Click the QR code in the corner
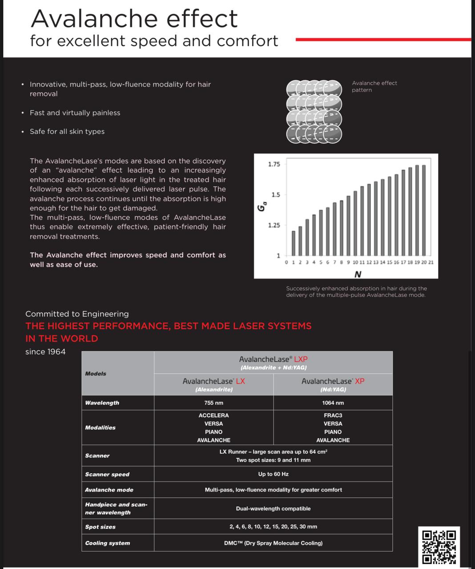point(439,546)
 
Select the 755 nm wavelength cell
point(213,403)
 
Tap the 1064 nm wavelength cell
point(333,403)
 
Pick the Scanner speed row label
point(107,474)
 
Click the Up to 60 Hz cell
point(273,474)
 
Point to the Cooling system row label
point(108,543)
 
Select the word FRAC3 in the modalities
point(333,415)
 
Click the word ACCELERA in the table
point(213,415)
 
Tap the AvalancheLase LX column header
point(213,385)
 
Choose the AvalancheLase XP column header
point(333,385)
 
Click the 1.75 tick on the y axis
point(274,164)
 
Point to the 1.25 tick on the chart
point(274,225)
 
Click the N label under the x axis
point(358,274)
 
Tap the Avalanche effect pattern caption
point(374,86)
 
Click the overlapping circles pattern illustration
point(314,112)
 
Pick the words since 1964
point(45,352)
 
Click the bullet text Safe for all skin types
point(67,132)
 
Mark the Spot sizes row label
point(101,527)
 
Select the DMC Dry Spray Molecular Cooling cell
point(273,543)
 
